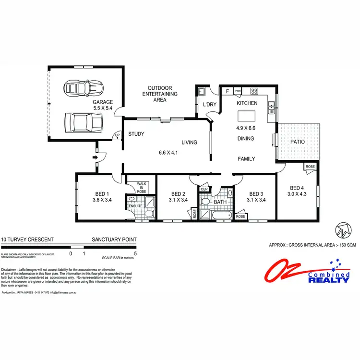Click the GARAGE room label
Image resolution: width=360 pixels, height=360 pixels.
(x=103, y=102)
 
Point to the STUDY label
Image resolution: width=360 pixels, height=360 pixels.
(x=136, y=134)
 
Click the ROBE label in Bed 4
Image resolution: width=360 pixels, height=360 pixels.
(x=310, y=167)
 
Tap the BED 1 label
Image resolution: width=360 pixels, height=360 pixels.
(x=101, y=194)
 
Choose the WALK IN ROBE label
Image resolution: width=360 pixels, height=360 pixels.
(x=141, y=187)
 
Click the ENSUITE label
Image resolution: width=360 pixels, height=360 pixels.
(x=135, y=207)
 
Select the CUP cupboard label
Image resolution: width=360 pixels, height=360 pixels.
(x=204, y=190)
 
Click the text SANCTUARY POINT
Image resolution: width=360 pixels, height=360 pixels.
(x=114, y=239)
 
